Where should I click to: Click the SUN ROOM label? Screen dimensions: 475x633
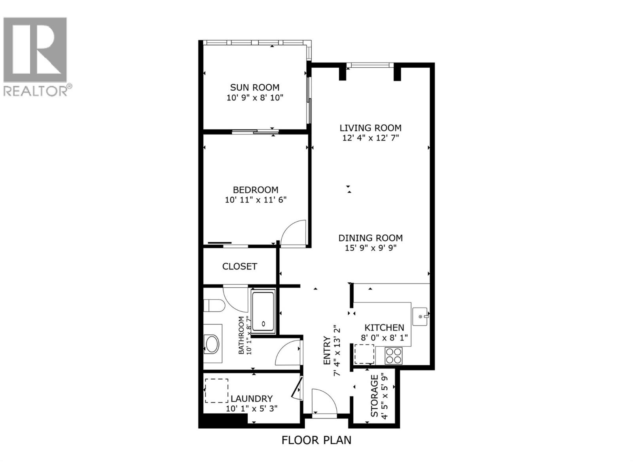255,87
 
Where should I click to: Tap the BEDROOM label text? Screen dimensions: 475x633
255,190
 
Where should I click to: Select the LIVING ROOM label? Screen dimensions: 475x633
370,128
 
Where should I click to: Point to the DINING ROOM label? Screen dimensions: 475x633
370,238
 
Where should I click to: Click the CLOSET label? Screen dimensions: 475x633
239,266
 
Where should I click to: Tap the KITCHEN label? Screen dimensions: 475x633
384,328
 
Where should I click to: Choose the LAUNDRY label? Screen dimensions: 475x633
252,399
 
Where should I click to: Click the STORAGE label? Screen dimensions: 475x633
374,396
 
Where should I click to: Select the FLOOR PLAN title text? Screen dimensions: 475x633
316,440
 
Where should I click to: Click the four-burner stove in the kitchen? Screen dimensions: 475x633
393,355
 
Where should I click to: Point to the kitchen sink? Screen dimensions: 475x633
421,317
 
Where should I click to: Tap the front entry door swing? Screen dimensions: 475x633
324,402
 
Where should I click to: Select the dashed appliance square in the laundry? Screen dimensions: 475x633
216,391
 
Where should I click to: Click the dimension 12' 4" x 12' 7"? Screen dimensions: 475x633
370,138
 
